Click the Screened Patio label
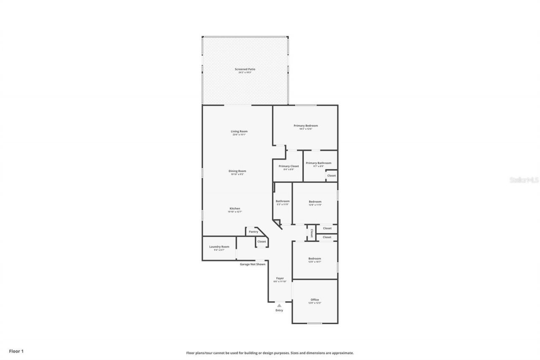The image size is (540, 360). pyautogui.click(x=245, y=69)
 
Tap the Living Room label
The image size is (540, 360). pyautogui.click(x=239, y=131)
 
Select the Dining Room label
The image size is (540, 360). pyautogui.click(x=238, y=171)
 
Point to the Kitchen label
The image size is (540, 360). pyautogui.click(x=235, y=208)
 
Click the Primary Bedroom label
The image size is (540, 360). pyautogui.click(x=305, y=125)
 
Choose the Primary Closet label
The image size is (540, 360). pyautogui.click(x=289, y=166)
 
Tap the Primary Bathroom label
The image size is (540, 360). pyautogui.click(x=319, y=163)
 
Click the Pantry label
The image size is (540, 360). pyautogui.click(x=253, y=232)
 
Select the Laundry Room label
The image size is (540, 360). pyautogui.click(x=219, y=247)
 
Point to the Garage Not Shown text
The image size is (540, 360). pyautogui.click(x=253, y=264)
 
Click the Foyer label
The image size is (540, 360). pyautogui.click(x=280, y=278)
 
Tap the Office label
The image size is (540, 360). pyautogui.click(x=315, y=300)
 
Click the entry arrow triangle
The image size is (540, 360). pyautogui.click(x=279, y=305)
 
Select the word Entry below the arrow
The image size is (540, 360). pyautogui.click(x=279, y=310)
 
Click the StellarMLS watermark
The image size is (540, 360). pyautogui.click(x=524, y=180)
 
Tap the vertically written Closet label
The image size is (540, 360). pyautogui.click(x=312, y=233)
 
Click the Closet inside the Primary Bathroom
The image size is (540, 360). pyautogui.click(x=332, y=176)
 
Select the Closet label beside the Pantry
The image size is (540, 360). pyautogui.click(x=262, y=242)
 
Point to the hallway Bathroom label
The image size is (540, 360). pyautogui.click(x=283, y=201)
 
